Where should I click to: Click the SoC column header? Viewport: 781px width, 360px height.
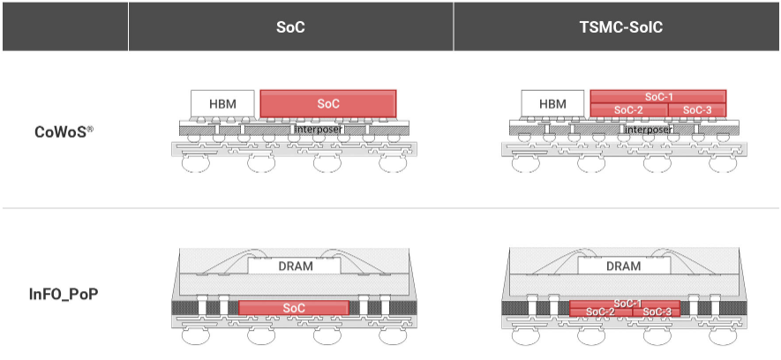click(x=290, y=26)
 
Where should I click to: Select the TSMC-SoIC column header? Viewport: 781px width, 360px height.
click(x=617, y=26)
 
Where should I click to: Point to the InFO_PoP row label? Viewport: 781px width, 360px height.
click(x=63, y=292)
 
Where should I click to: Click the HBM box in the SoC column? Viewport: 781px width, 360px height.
click(x=222, y=103)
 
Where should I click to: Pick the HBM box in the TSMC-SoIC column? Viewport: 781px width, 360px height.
click(x=552, y=103)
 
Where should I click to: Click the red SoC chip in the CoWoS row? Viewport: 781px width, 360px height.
click(x=328, y=103)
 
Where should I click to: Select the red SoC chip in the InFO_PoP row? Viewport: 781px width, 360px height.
click(x=294, y=307)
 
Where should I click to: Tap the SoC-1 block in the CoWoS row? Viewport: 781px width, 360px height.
click(x=658, y=96)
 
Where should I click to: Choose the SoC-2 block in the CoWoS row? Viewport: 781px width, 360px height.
click(x=628, y=109)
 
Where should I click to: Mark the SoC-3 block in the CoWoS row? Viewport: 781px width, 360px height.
click(x=697, y=109)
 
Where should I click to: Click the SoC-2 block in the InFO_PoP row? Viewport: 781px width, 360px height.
click(x=600, y=312)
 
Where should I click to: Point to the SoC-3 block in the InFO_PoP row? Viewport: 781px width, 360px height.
click(x=656, y=312)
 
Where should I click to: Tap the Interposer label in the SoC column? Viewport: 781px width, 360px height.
click(x=319, y=129)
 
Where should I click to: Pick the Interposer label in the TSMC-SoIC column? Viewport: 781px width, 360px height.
click(x=648, y=129)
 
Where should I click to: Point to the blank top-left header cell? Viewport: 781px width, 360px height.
click(x=64, y=26)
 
